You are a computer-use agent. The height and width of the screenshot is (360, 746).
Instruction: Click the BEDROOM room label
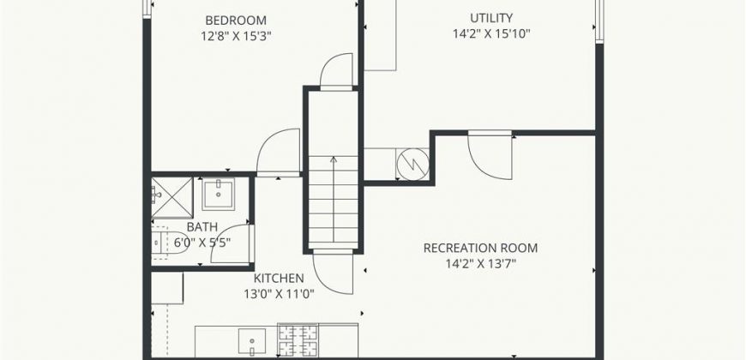(x=236, y=21)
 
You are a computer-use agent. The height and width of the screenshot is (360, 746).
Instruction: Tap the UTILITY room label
(x=491, y=18)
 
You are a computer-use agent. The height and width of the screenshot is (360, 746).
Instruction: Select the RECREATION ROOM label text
(x=480, y=249)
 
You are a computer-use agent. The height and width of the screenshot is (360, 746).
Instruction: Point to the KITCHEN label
(x=279, y=279)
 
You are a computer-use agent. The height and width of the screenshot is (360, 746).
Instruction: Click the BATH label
(x=202, y=227)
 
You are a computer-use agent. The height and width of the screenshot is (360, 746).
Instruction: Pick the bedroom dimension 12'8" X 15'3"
(x=236, y=37)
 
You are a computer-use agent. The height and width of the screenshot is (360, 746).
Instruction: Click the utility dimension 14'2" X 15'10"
(x=491, y=34)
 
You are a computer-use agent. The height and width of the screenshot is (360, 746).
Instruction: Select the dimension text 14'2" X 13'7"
(x=480, y=264)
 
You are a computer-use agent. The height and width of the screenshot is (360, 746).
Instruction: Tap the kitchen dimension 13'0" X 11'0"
(x=279, y=294)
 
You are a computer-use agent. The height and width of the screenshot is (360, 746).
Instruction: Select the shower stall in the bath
(x=172, y=198)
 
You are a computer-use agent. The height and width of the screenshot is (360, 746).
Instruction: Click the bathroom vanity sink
(x=219, y=194)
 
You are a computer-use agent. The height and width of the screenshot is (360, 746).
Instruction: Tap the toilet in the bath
(x=163, y=242)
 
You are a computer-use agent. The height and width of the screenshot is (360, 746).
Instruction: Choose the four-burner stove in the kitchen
(x=298, y=339)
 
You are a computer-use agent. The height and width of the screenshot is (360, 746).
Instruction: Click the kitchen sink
(x=252, y=342)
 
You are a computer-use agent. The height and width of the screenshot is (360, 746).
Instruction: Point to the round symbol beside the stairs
(x=412, y=164)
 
